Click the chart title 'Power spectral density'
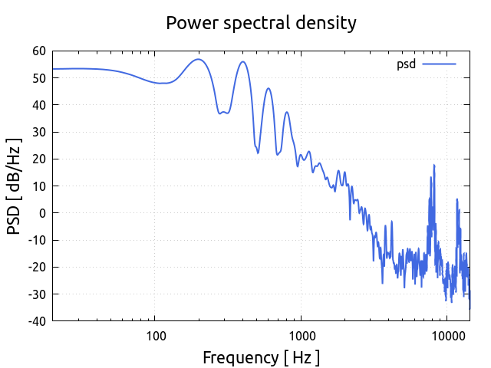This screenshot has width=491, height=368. pyautogui.click(x=261, y=23)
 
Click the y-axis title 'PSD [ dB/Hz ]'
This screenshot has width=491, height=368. pyautogui.click(x=15, y=186)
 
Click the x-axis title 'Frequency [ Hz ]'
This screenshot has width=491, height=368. pyautogui.click(x=261, y=357)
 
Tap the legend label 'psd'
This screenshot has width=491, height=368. pyautogui.click(x=406, y=64)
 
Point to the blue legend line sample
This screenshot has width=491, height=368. pyautogui.click(x=439, y=64)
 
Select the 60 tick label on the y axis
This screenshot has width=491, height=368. pyautogui.click(x=38, y=51)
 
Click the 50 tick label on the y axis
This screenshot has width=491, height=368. pyautogui.click(x=38, y=78)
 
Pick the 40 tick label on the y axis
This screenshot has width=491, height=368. pyautogui.click(x=38, y=105)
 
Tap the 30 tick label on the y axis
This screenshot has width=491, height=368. pyautogui.click(x=38, y=132)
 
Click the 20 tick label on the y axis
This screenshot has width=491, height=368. pyautogui.click(x=38, y=159)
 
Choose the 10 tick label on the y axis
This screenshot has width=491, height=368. pyautogui.click(x=38, y=186)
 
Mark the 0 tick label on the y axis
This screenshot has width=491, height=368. pyautogui.click(x=42, y=213)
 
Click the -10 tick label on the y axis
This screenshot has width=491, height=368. pyautogui.click(x=36, y=240)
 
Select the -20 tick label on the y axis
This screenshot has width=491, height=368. pyautogui.click(x=36, y=267)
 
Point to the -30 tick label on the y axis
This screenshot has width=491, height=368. pyautogui.click(x=36, y=294)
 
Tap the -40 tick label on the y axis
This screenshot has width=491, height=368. pyautogui.click(x=36, y=320)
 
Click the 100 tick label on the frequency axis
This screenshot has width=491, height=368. pyautogui.click(x=156, y=335)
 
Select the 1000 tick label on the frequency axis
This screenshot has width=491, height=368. pyautogui.click(x=302, y=335)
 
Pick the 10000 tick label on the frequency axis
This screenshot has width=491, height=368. pyautogui.click(x=447, y=335)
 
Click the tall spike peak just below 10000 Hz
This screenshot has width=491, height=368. pyautogui.click(x=433, y=165)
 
